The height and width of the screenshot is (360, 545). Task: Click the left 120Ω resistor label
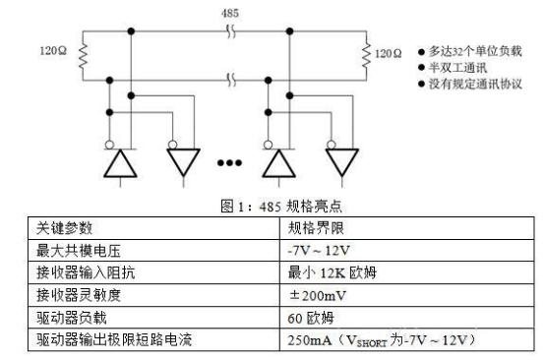pyautogui.click(x=53, y=49)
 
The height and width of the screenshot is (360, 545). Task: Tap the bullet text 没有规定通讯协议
pyautogui.click(x=467, y=85)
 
